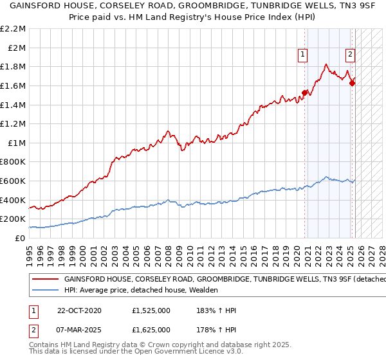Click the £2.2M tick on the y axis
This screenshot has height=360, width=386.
pyautogui.click(x=13, y=29)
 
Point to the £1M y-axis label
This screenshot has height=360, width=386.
pyautogui.click(x=16, y=143)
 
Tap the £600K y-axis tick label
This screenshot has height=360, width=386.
pyautogui.click(x=13, y=181)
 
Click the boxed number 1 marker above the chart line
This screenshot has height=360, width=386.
pyautogui.click(x=302, y=55)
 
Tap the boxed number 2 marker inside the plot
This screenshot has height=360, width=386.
pyautogui.click(x=350, y=55)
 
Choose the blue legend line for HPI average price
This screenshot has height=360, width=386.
pyautogui.click(x=46, y=290)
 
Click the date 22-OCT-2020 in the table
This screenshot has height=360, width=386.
pyautogui.click(x=80, y=310)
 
